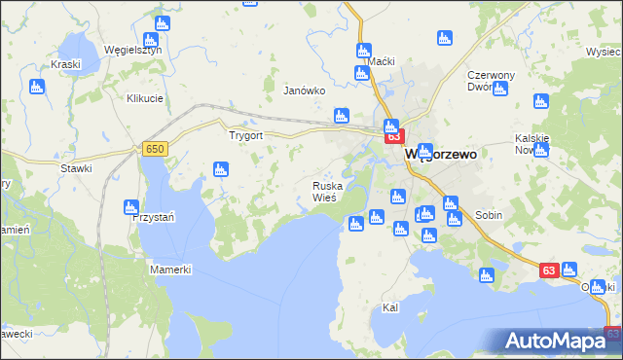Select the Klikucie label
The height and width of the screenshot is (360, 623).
pos(143,98)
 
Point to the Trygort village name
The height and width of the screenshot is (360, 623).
pos(245,135)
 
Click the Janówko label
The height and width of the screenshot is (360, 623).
pos(302,90)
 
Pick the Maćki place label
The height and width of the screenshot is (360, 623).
pos(381,61)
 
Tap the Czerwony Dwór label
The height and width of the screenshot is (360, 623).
pos(490,80)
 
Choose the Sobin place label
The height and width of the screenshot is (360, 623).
pos(489,214)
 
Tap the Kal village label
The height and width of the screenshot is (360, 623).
pos(391,307)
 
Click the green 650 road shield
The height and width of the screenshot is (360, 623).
pos(154,148)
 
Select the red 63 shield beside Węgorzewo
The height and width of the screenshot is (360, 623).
pos(394,137)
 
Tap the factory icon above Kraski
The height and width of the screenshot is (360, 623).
pos(38,87)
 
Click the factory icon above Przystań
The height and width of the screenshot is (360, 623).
pos(130,206)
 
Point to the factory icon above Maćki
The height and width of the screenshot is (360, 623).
pos(364,51)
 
